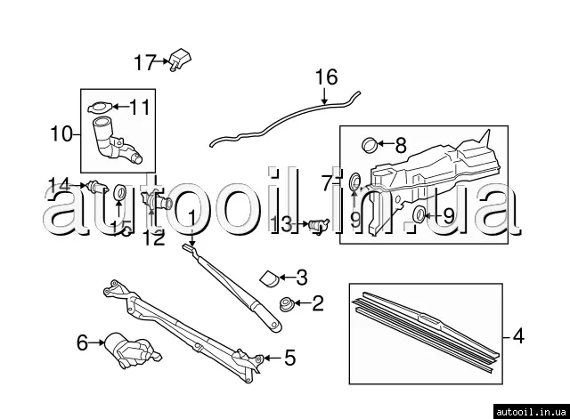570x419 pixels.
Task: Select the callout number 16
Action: click(327, 77)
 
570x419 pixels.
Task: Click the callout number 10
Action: click(61, 134)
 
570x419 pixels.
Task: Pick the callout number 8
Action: click(400, 143)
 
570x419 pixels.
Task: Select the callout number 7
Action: click(327, 183)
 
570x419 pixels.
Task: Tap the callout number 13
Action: click(282, 224)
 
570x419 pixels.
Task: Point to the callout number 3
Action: click(302, 276)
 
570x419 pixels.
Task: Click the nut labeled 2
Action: click(287, 303)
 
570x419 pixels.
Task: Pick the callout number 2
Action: click(318, 303)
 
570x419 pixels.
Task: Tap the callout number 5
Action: click(289, 359)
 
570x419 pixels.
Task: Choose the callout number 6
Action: click(83, 342)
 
